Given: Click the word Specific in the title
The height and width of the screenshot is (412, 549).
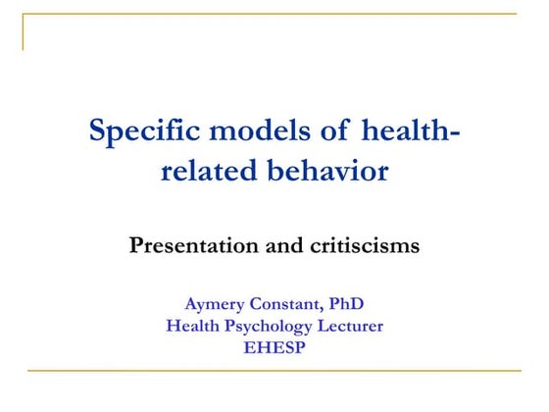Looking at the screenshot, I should pyautogui.click(x=142, y=130).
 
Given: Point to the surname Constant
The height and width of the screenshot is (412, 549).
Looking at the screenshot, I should pyautogui.click(x=295, y=304).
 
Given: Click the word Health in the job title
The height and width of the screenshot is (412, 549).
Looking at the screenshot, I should pyautogui.click(x=194, y=326).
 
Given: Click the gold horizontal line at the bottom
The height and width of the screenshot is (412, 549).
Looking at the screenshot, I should pyautogui.click(x=274, y=371).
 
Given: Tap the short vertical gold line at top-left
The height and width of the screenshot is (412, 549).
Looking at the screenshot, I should pyautogui.click(x=23, y=31).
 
